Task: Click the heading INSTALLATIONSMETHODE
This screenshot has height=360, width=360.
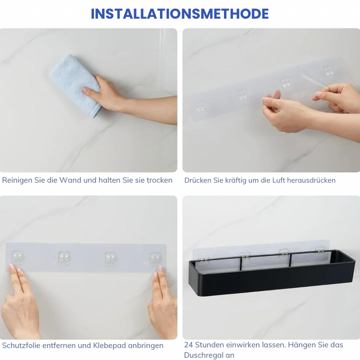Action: click(180, 14)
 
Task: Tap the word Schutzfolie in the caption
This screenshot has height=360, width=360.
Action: click(20, 345)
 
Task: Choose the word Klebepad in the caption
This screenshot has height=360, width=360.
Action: click(109, 346)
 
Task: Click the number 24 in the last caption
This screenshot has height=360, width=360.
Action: click(188, 345)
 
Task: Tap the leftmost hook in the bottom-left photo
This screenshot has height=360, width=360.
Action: click(18, 257)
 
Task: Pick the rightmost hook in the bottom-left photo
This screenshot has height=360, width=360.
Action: click(155, 259)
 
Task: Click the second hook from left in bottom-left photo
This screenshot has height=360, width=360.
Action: click(64, 258)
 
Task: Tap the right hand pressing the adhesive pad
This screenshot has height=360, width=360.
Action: click(162, 303)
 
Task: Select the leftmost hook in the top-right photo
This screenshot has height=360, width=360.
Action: click(200, 107)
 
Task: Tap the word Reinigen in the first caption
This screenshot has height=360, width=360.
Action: click(17, 180)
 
